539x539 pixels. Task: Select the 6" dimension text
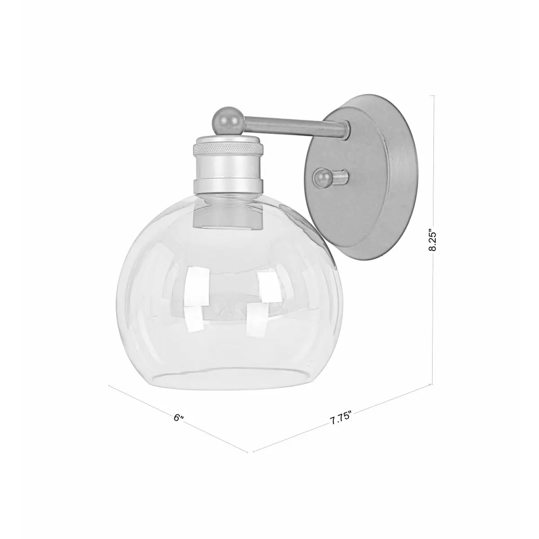coord(179,417)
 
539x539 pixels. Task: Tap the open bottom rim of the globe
coord(225,377)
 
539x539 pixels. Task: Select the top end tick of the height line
coord(433,95)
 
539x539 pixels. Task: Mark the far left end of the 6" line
coord(110,386)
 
